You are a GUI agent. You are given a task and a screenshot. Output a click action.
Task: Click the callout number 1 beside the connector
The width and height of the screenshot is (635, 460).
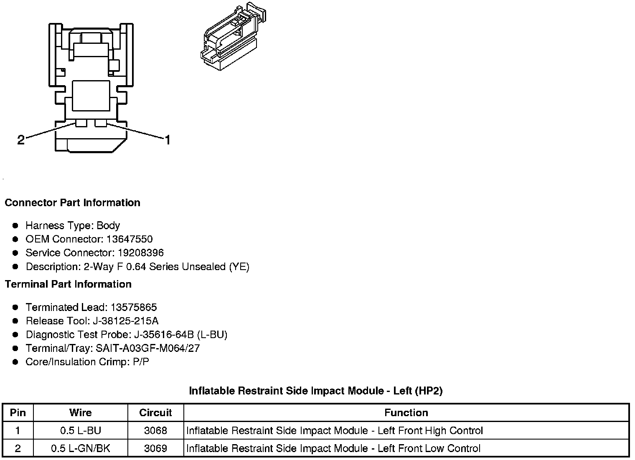pyautogui.click(x=167, y=140)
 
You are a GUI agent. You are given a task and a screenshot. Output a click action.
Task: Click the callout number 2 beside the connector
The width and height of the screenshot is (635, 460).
pyautogui.click(x=21, y=140)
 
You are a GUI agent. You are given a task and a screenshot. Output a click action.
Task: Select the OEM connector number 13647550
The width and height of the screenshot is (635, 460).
pyautogui.click(x=130, y=239)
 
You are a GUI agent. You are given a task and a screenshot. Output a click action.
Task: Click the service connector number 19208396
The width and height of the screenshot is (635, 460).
pyautogui.click(x=140, y=253)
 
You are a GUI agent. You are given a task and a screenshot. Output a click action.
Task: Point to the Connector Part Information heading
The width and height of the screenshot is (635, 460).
pyautogui.click(x=72, y=203)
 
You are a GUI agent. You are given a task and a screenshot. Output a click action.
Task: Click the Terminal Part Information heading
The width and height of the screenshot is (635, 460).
pyautogui.click(x=68, y=284)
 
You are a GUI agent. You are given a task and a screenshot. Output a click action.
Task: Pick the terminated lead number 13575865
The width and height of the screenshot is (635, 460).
pyautogui.click(x=134, y=308)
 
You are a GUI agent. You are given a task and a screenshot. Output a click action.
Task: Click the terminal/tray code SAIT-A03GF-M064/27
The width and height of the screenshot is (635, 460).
pyautogui.click(x=148, y=348)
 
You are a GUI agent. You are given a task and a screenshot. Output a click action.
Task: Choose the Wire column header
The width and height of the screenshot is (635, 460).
pyautogui.click(x=80, y=413)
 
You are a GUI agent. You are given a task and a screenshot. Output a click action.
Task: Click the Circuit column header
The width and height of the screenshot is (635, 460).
pyautogui.click(x=155, y=413)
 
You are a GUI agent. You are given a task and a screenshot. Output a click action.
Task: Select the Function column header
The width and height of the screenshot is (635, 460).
pyautogui.click(x=406, y=413)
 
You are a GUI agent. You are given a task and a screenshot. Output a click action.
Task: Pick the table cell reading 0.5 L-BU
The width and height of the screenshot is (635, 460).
pyautogui.click(x=80, y=430)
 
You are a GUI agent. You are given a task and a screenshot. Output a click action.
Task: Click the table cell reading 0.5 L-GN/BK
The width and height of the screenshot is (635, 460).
pyautogui.click(x=80, y=448)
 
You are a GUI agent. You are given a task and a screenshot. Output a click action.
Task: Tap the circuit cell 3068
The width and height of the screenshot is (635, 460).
pyautogui.click(x=155, y=430)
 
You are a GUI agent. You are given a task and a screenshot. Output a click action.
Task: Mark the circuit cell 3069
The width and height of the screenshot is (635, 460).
pyautogui.click(x=155, y=448)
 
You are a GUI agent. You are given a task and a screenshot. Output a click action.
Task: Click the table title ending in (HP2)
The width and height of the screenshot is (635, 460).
pyautogui.click(x=316, y=391)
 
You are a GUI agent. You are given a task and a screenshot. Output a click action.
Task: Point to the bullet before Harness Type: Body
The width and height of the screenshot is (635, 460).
pyautogui.click(x=15, y=226)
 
